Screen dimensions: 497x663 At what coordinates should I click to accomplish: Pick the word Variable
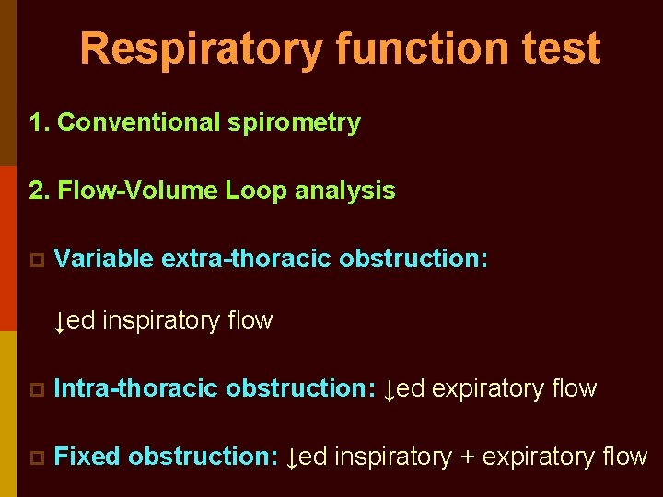pyautogui.click(x=103, y=259)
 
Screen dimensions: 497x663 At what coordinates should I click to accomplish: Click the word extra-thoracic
pyautogui.click(x=246, y=259)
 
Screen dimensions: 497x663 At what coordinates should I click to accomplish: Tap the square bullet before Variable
pyautogui.click(x=36, y=260)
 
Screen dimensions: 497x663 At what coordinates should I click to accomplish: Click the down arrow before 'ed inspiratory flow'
pyautogui.click(x=60, y=322)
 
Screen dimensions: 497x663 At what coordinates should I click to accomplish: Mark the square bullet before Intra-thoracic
pyautogui.click(x=36, y=390)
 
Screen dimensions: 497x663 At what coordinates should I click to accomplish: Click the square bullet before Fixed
pyautogui.click(x=36, y=457)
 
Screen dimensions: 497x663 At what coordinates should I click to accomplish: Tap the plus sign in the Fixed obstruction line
pyautogui.click(x=467, y=457)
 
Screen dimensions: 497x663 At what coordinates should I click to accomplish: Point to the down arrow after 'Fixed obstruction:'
pyautogui.click(x=293, y=458)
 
